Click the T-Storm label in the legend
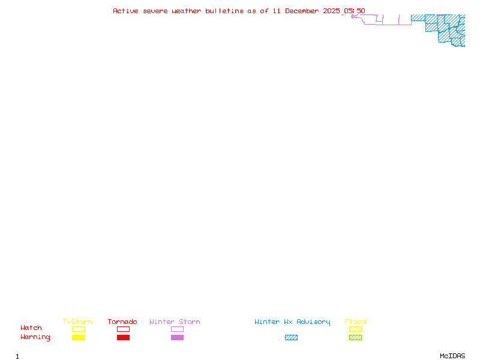[x=77, y=322]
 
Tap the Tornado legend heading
[x=122, y=322]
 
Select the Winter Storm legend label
[x=175, y=322]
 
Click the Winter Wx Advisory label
[x=292, y=322]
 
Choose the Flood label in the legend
[x=355, y=322]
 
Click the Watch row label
[x=31, y=328]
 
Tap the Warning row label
[x=35, y=337]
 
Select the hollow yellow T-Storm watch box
[x=78, y=329]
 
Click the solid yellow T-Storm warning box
[x=78, y=338]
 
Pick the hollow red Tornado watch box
[x=123, y=329]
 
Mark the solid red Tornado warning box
[x=123, y=338]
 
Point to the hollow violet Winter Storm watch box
[x=177, y=329]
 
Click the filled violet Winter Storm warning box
[x=177, y=338]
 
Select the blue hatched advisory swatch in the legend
[x=291, y=338]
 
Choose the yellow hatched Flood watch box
[x=355, y=329]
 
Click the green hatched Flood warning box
[x=355, y=338]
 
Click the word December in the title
[x=303, y=11]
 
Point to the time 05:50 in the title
[x=355, y=11]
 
